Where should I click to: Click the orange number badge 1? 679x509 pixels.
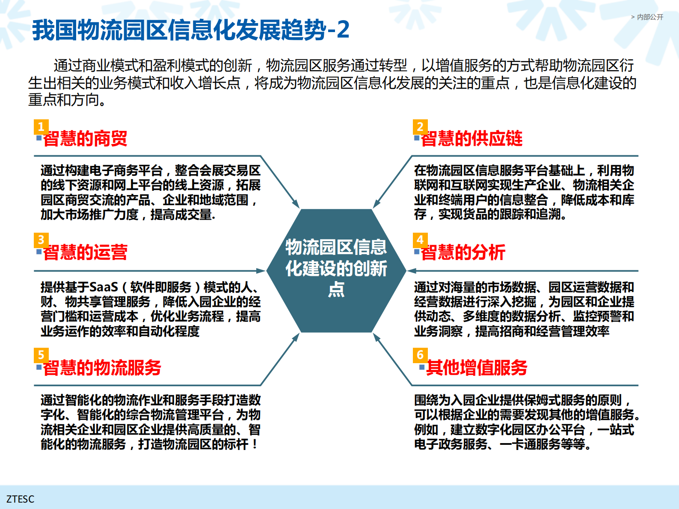click(x=41, y=127)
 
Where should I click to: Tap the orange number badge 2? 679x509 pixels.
click(x=420, y=127)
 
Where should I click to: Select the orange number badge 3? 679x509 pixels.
click(x=41, y=240)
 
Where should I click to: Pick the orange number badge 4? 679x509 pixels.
click(x=420, y=240)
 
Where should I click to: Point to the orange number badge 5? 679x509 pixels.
click(x=41, y=355)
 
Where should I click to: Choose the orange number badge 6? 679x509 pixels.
click(x=420, y=355)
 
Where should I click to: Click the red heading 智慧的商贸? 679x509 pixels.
click(x=85, y=139)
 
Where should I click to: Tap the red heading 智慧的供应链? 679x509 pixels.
click(x=471, y=139)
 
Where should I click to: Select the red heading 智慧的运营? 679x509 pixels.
click(x=85, y=252)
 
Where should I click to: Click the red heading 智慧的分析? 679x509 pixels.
click(x=463, y=252)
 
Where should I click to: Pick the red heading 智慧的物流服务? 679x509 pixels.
click(x=102, y=368)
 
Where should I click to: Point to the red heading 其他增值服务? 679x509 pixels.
click(x=477, y=368)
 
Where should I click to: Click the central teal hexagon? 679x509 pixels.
click(x=336, y=270)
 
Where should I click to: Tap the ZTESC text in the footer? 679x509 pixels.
click(x=20, y=499)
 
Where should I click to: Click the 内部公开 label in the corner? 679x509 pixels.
click(x=649, y=17)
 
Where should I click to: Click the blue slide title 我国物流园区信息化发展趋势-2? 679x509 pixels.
click(x=191, y=30)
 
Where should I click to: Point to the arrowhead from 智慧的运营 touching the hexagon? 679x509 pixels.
click(x=261, y=271)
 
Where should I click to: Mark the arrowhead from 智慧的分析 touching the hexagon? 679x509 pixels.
click(x=411, y=271)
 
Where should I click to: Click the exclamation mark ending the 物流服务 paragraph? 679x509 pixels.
click(x=255, y=444)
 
